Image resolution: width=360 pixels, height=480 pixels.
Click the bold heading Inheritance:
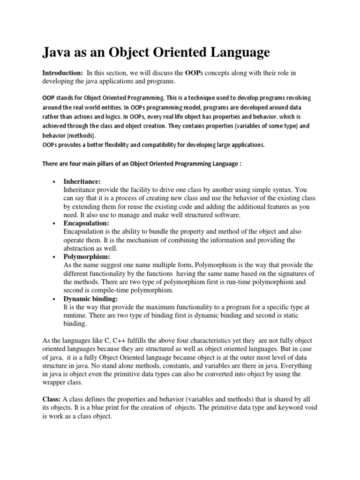coord(82,181)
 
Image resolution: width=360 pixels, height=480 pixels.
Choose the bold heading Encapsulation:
coord(86,223)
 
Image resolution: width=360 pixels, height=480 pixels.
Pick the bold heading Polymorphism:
coord(87,257)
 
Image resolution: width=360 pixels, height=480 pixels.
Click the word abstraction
coord(80,248)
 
